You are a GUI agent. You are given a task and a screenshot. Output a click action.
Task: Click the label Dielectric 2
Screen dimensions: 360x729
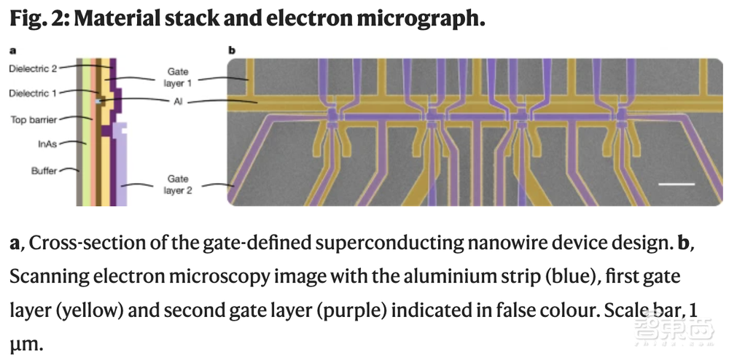(x=33, y=69)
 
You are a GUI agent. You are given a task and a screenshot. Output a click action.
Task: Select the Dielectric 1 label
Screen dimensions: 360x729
(x=33, y=93)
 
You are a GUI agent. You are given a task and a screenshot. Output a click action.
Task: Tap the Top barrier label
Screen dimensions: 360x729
(x=33, y=120)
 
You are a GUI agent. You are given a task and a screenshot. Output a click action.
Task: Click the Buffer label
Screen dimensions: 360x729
(x=44, y=171)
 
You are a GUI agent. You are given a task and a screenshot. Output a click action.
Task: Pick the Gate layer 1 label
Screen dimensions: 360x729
(x=178, y=78)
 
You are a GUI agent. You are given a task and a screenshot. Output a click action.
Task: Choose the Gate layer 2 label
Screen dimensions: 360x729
(x=178, y=184)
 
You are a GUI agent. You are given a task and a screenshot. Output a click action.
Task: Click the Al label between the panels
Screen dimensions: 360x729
(x=178, y=102)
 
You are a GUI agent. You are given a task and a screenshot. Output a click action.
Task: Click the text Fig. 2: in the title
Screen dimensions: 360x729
(x=38, y=19)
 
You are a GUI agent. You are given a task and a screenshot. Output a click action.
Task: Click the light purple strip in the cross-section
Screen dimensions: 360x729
(x=125, y=164)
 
